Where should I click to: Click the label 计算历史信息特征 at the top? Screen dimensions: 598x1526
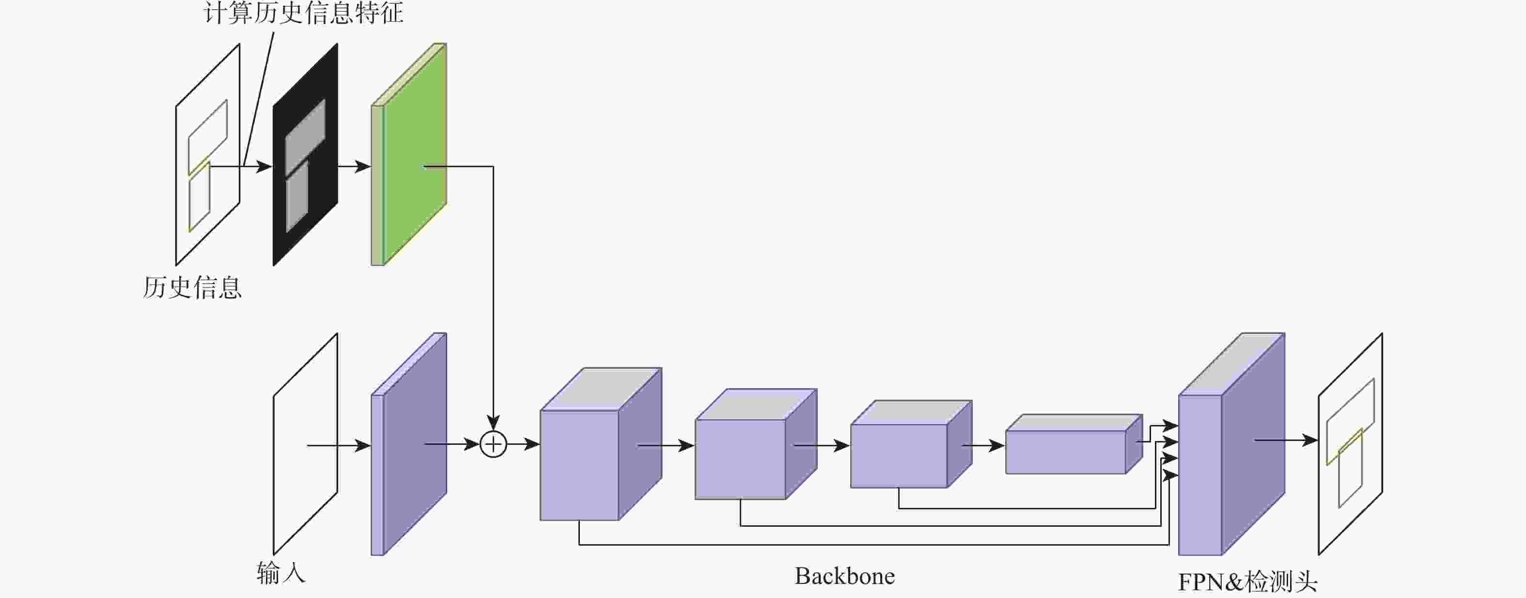(x=303, y=13)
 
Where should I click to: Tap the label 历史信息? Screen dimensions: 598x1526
(x=192, y=288)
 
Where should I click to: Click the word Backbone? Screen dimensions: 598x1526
(x=844, y=577)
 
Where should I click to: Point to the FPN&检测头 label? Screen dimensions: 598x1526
(x=1247, y=582)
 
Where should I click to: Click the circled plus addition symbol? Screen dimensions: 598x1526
(x=493, y=444)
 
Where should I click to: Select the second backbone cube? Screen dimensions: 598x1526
(x=741, y=459)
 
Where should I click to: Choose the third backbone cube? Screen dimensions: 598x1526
(x=899, y=456)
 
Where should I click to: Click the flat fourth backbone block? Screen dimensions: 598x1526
(x=1065, y=452)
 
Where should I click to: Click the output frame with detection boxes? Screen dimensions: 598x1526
(x=1351, y=444)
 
